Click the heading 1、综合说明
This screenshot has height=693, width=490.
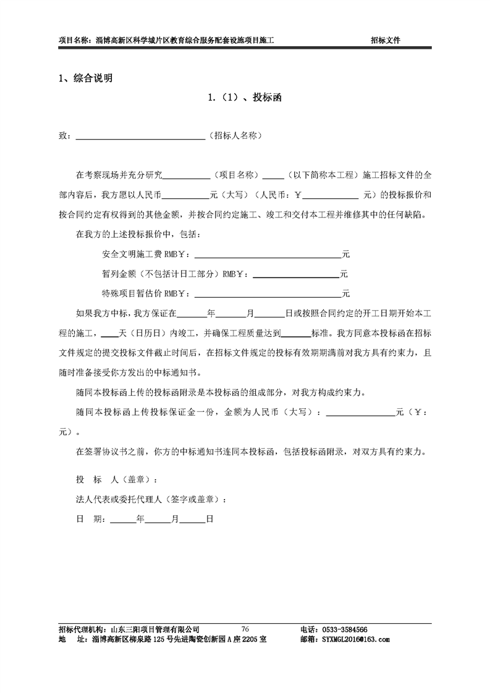point(85,78)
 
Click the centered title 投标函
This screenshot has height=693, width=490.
point(245,98)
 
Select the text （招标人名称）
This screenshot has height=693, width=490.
point(237,135)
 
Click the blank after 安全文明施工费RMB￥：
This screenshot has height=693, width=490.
point(268,254)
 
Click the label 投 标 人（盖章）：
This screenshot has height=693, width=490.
point(112,480)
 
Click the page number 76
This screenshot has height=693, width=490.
point(245,629)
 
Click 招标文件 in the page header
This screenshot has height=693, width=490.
point(385,40)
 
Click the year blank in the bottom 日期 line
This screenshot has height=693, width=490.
point(122,519)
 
